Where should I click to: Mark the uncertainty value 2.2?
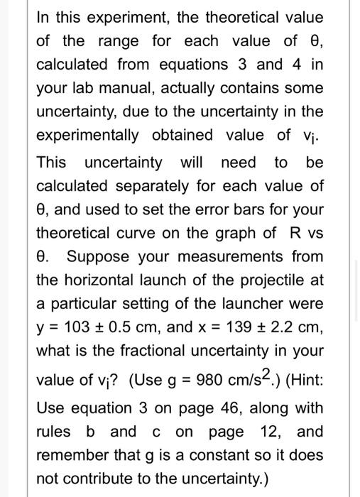click(282, 327)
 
